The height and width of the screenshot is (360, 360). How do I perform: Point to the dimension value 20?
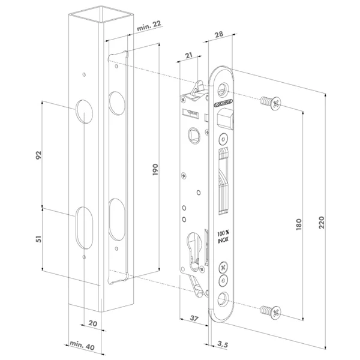tap(92, 322)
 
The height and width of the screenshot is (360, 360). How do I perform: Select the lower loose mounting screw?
tap(269, 311)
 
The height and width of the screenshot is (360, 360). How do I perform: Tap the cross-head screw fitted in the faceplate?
tap(224, 267)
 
